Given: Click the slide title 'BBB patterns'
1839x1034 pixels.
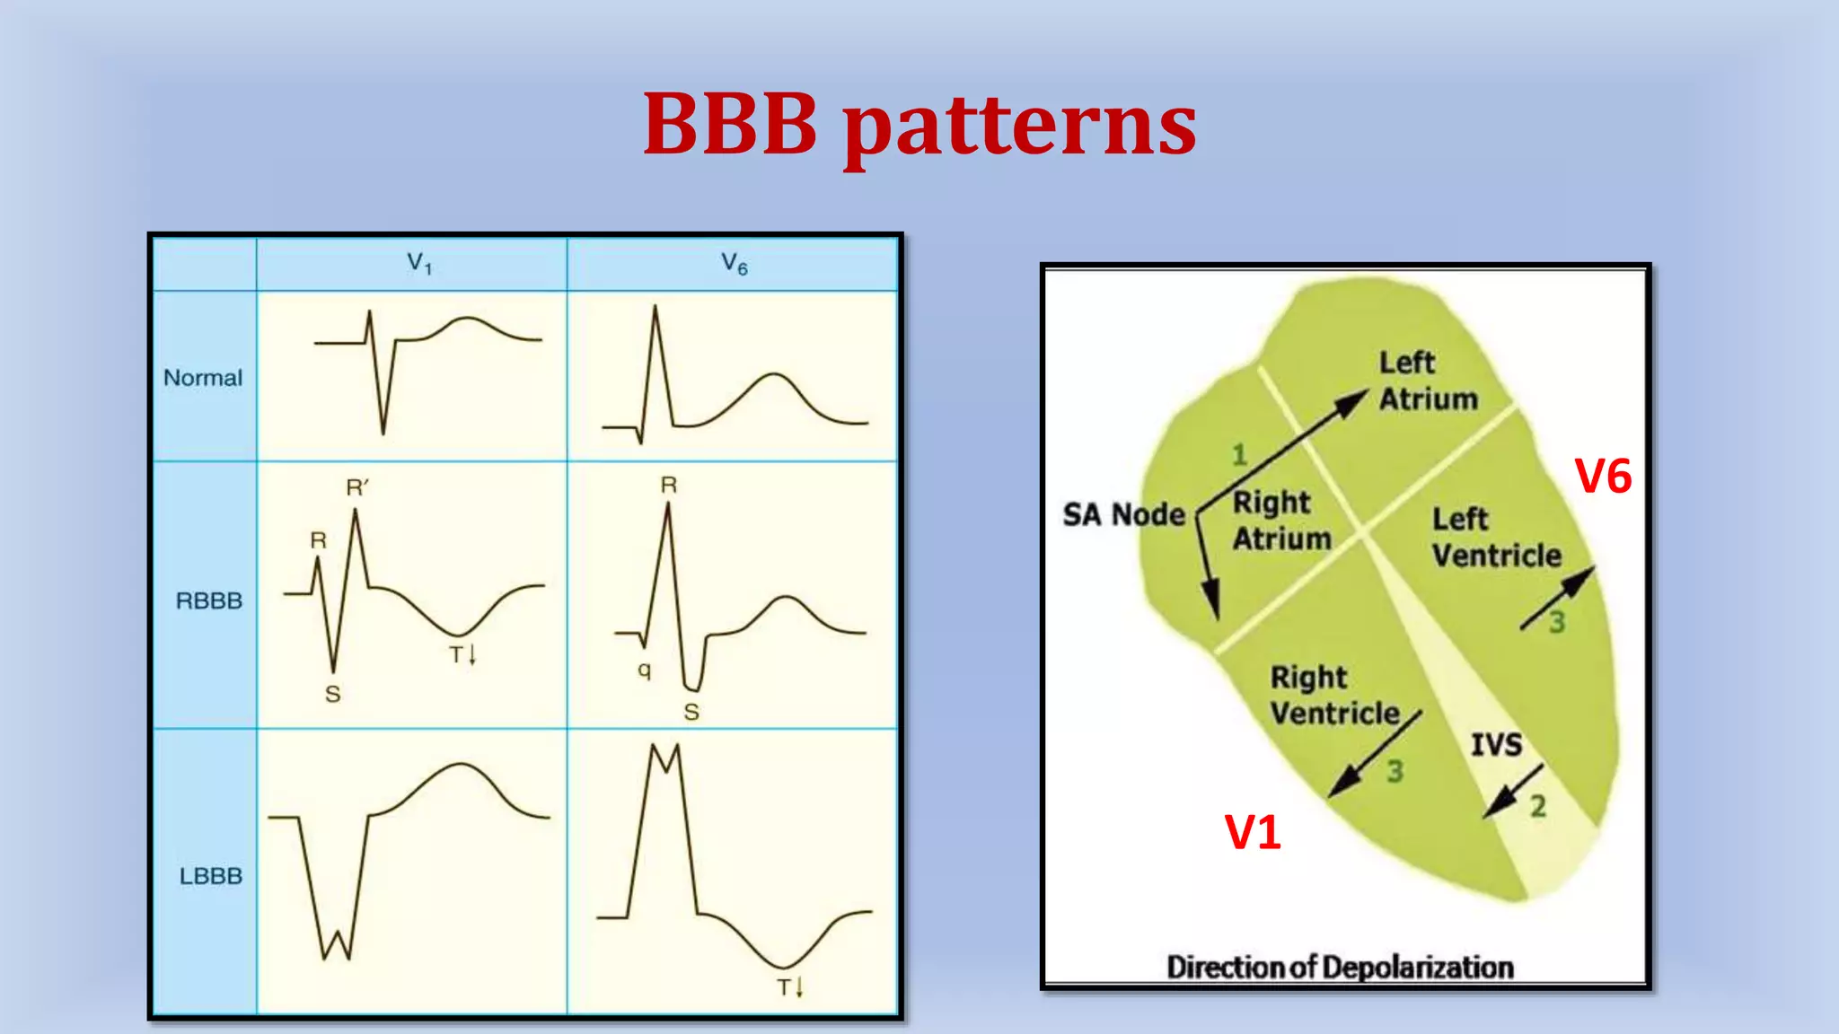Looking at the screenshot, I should point(919,126).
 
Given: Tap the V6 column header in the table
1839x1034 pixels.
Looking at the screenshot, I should point(734,264).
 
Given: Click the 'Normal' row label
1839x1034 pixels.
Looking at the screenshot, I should point(203,378).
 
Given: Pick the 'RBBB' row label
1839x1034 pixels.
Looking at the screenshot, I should point(209,600).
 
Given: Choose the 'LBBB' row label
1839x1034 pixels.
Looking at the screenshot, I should point(211,876).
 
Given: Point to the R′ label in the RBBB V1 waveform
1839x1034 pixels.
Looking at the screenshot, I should point(357,487).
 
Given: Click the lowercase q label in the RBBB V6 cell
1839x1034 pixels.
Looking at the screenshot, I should point(644,670).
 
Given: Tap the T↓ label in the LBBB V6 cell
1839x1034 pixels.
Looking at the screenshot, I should point(790,987).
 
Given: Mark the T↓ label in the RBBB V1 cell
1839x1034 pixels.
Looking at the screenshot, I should point(462,654).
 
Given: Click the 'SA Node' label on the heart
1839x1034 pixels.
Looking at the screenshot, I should point(1124,514).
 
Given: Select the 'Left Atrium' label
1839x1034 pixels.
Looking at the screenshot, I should point(1428,381).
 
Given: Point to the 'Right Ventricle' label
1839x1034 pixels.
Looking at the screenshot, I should point(1334,695).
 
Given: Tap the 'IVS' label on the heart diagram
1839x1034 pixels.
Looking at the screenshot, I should point(1496,744).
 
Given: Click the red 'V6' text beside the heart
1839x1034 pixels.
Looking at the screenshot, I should point(1604,476).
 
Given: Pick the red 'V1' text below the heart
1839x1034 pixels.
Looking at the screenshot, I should point(1253,832).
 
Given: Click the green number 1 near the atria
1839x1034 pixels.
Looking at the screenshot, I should point(1239,455).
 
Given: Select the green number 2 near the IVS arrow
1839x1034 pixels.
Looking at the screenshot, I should point(1538,806).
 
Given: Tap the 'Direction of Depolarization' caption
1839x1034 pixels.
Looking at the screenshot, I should point(1340,967).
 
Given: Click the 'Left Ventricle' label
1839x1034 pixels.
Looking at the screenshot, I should point(1496,537).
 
